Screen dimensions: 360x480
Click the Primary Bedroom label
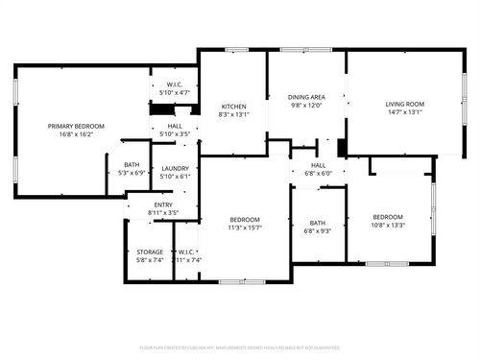[77, 126]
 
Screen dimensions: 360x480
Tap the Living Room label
[404, 104]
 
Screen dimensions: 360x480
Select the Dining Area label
[306, 97]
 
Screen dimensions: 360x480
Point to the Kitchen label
[234, 106]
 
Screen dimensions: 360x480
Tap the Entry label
[164, 204]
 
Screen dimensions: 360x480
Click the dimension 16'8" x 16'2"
[77, 135]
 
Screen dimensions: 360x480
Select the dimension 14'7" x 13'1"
[404, 113]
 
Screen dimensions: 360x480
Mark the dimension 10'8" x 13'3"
[388, 226]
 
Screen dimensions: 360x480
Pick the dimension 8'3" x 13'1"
[234, 115]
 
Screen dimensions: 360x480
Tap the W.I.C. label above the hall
[175, 84]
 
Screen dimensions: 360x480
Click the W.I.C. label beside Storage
[187, 252]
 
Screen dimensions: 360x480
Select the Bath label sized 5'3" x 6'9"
[131, 165]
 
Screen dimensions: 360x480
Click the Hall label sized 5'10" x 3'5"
[175, 126]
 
